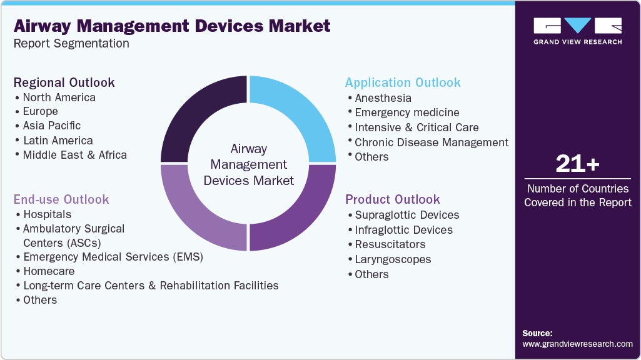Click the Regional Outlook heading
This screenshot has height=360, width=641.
[64, 82]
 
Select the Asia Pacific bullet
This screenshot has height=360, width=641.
[52, 126]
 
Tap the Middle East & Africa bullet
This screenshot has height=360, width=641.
[74, 154]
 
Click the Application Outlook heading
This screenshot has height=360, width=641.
[403, 82]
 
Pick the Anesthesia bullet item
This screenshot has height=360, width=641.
[383, 98]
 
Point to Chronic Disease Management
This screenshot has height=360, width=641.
[432, 142]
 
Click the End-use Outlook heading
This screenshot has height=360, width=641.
[61, 199]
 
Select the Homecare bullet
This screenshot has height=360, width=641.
[49, 271]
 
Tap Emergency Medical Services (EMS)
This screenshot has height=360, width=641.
[113, 257]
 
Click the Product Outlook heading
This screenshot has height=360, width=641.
[393, 199]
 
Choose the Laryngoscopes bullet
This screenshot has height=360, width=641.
[393, 259]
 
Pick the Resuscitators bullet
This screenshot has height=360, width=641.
[390, 244]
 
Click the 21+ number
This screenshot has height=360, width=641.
[577, 164]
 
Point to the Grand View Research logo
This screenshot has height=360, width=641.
[577, 31]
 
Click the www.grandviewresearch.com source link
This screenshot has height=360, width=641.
[577, 344]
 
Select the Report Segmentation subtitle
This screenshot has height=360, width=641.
[71, 44]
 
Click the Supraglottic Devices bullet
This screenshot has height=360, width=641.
[406, 215]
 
